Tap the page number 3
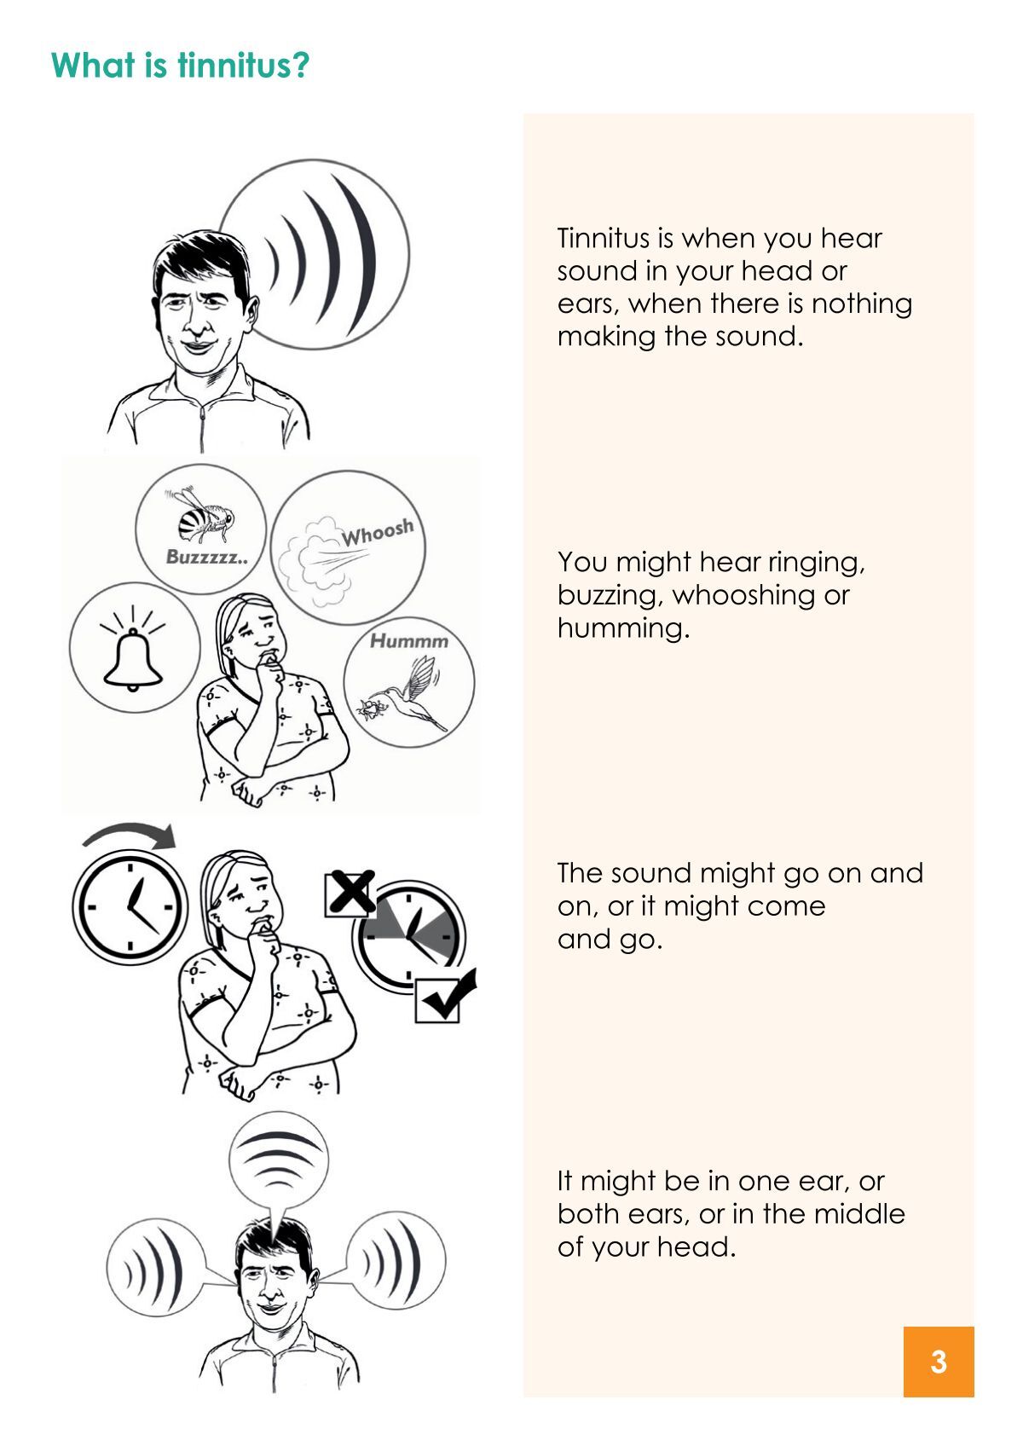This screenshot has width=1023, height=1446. pos(938,1362)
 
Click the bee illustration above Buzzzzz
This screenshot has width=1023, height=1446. pos(201,514)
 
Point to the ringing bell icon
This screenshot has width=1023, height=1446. pos(133,649)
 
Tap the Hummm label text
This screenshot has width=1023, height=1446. pos(409,641)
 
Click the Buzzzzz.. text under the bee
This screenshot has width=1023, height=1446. pos(206,557)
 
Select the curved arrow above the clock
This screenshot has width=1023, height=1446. pos(129,833)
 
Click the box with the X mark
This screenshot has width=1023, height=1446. pos(350,893)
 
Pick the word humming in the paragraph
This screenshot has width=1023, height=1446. pos(623,628)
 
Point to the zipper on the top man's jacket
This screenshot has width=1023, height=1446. pos(202,428)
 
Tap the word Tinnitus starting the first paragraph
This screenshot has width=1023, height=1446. pos(604,238)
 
